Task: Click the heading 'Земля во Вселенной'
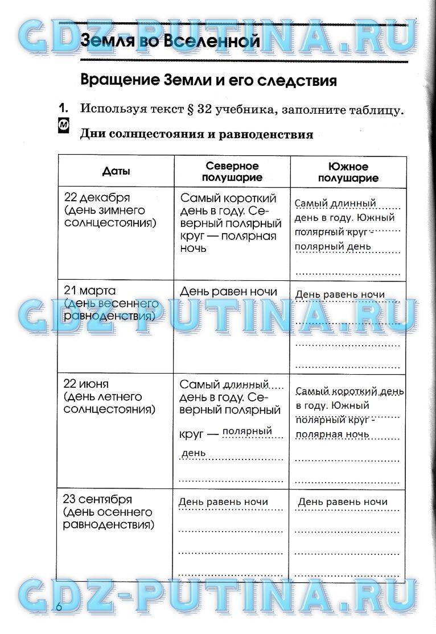[x=170, y=41]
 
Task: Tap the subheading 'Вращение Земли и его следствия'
[x=208, y=80]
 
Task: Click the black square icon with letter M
[x=65, y=126]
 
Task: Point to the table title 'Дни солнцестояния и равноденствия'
[x=196, y=134]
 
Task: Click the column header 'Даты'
[x=116, y=171]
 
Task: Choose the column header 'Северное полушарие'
[x=232, y=171]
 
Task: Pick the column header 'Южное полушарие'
[x=348, y=172]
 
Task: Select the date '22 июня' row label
[x=86, y=384]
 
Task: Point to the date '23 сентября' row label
[x=97, y=499]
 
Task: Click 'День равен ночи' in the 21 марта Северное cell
[x=228, y=292]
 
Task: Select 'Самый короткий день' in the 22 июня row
[x=350, y=392]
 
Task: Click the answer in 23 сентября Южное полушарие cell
[x=342, y=502]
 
